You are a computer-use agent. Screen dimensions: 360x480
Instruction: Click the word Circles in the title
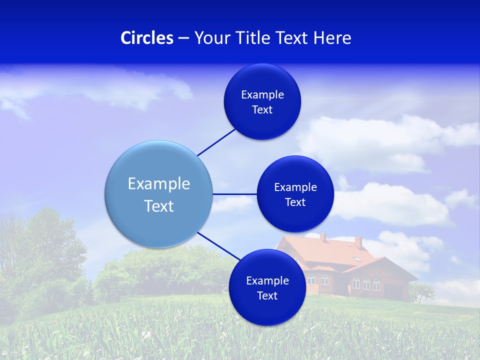pyautogui.click(x=146, y=38)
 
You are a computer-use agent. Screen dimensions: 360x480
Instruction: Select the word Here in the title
pyautogui.click(x=332, y=38)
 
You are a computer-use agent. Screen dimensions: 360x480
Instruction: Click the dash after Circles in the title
pyautogui.click(x=183, y=38)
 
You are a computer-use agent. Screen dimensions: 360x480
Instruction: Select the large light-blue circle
pyautogui.click(x=158, y=194)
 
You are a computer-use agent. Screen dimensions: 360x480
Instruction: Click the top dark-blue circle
pyautogui.click(x=262, y=101)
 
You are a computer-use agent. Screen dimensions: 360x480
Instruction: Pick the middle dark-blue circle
pyautogui.click(x=295, y=194)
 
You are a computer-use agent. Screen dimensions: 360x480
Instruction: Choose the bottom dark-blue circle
pyautogui.click(x=267, y=287)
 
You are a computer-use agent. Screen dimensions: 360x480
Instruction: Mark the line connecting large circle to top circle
pyautogui.click(x=216, y=142)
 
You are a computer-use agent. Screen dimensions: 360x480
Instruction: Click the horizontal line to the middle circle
pyautogui.click(x=234, y=194)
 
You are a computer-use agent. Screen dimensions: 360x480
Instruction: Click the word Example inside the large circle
pyautogui.click(x=158, y=183)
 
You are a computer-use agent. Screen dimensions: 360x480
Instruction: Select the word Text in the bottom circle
pyautogui.click(x=267, y=295)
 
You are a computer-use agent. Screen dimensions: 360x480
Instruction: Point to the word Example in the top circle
pyautogui.click(x=262, y=94)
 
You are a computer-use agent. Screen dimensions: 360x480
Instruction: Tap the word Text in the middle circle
pyautogui.click(x=295, y=202)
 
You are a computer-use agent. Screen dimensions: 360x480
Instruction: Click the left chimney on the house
pyautogui.click(x=323, y=237)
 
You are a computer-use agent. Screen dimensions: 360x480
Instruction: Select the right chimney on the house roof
pyautogui.click(x=358, y=242)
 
